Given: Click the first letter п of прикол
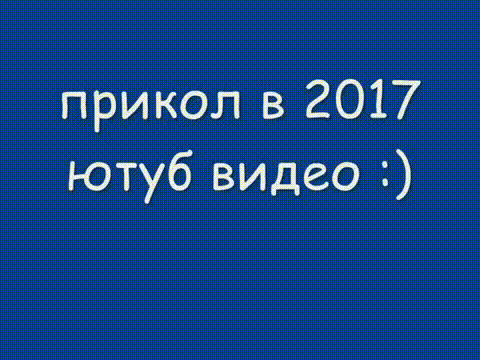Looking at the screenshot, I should tap(74, 106).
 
